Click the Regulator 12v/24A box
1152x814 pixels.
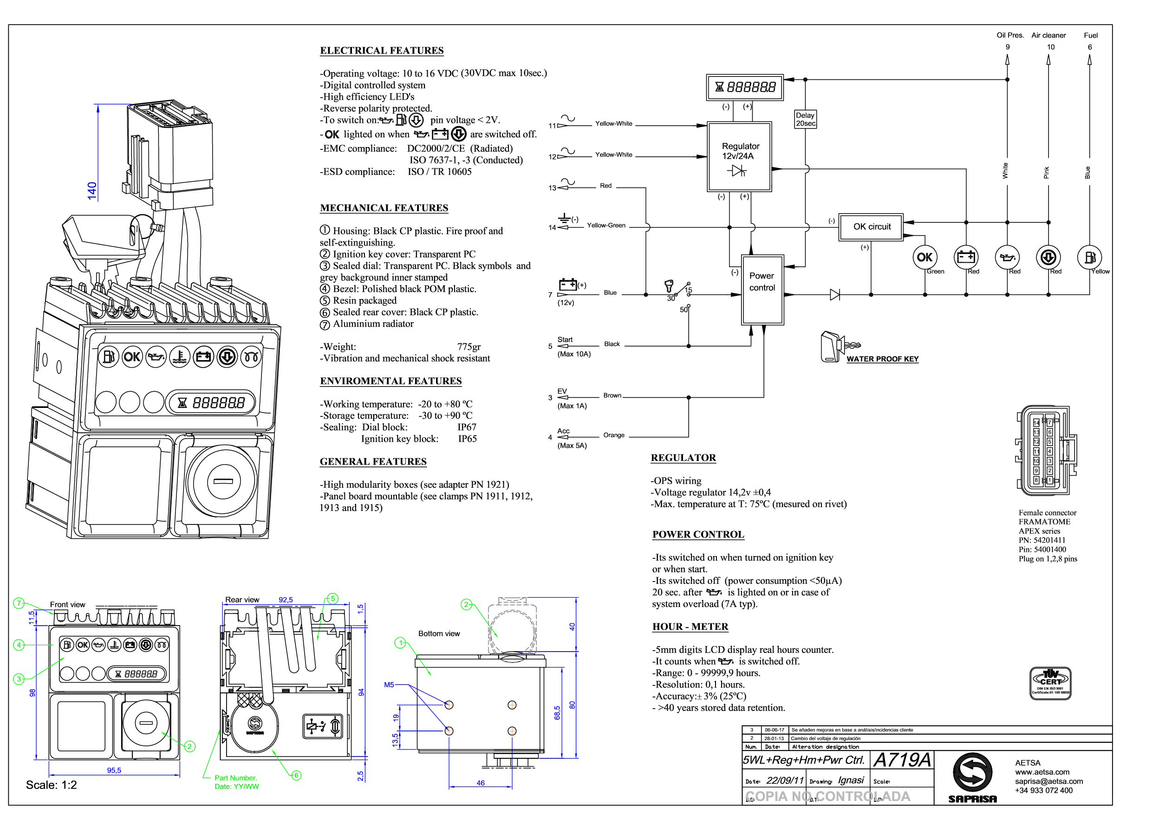pyautogui.click(x=739, y=156)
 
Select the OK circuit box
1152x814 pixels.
pyautogui.click(x=871, y=226)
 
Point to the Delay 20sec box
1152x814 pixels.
pyautogui.click(x=805, y=119)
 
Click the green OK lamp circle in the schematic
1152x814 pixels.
pyautogui.click(x=924, y=257)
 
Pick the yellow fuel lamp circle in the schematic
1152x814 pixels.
pyautogui.click(x=1089, y=257)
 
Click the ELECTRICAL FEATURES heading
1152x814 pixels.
pyautogui.click(x=382, y=51)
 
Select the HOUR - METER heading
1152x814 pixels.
pyautogui.click(x=690, y=627)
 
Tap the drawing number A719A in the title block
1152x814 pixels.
pyautogui.click(x=902, y=760)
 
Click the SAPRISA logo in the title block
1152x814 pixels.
pyautogui.click(x=972, y=777)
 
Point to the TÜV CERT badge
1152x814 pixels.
pyautogui.click(x=1050, y=683)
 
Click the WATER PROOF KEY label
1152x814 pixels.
pyautogui.click(x=882, y=359)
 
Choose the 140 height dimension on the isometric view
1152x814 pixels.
pyautogui.click(x=92, y=191)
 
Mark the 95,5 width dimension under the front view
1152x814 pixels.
pyautogui.click(x=114, y=770)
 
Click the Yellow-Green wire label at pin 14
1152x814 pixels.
pyautogui.click(x=606, y=226)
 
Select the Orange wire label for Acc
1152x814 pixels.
pyautogui.click(x=614, y=435)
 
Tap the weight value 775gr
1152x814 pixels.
pyautogui.click(x=469, y=347)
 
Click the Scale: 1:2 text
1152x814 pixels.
pyautogui.click(x=52, y=785)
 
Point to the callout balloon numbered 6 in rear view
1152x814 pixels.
pyautogui.click(x=297, y=775)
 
